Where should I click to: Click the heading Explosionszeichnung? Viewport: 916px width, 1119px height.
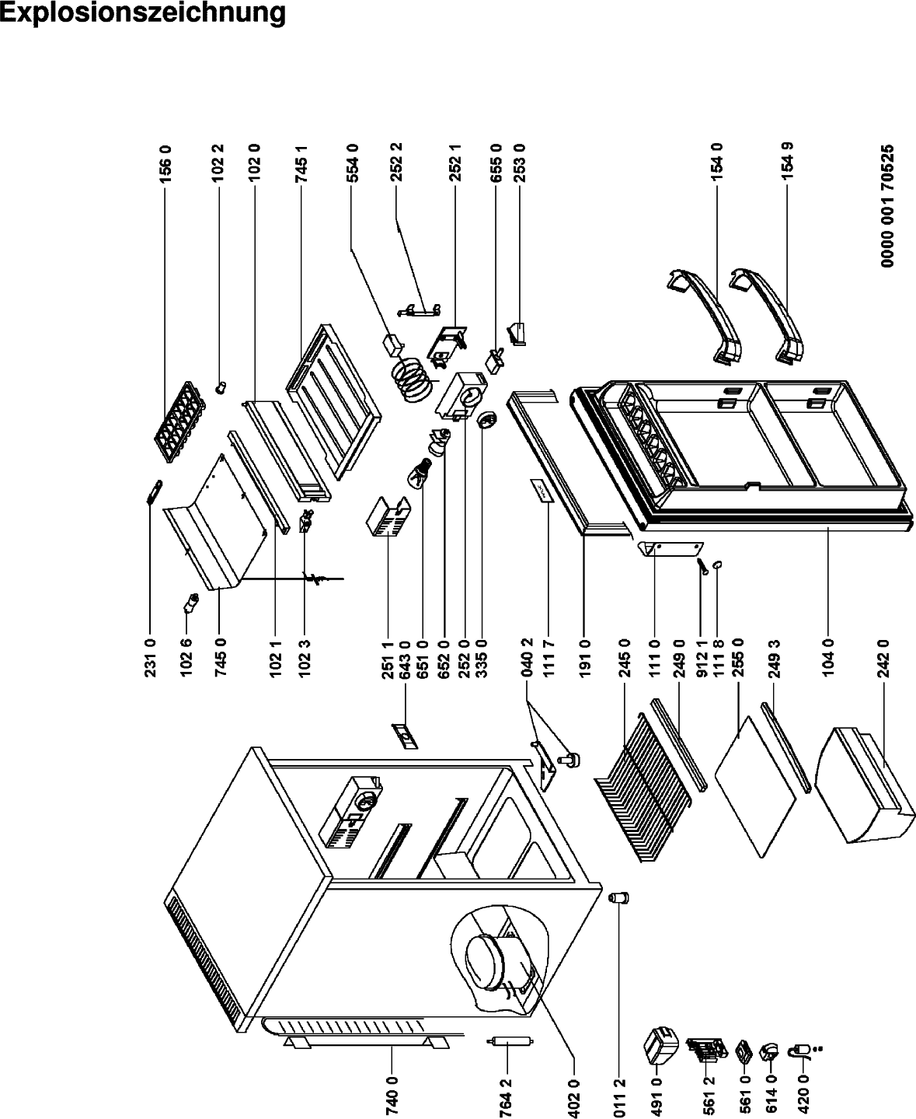[x=143, y=13]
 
